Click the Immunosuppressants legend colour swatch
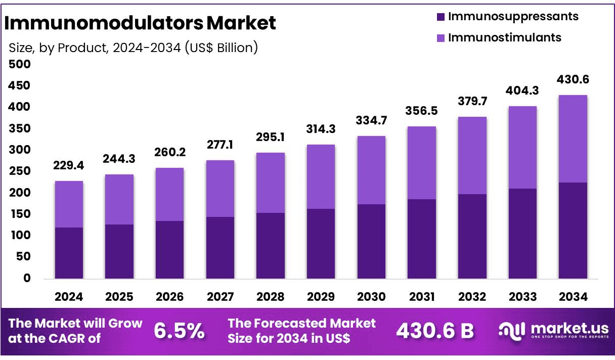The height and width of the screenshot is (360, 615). pyautogui.click(x=440, y=17)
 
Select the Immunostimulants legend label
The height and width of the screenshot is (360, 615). pyautogui.click(x=505, y=37)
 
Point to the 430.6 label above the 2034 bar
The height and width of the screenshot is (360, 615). pyautogui.click(x=573, y=80)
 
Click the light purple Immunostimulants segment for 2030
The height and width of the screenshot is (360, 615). pyautogui.click(x=371, y=170)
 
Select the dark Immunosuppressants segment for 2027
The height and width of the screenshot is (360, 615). pyautogui.click(x=220, y=248)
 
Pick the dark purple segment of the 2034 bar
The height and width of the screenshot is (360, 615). pyautogui.click(x=573, y=230)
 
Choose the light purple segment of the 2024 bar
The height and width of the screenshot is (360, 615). pyautogui.click(x=69, y=204)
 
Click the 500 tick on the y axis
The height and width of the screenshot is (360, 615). pyautogui.click(x=20, y=64)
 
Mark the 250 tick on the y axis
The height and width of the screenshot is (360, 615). pyautogui.click(x=20, y=171)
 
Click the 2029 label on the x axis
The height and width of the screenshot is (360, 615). pyautogui.click(x=321, y=297)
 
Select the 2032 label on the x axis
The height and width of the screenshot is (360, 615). pyautogui.click(x=472, y=297)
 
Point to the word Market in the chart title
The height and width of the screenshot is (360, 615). pyautogui.click(x=242, y=23)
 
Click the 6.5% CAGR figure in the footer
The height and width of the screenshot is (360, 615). pyautogui.click(x=180, y=331)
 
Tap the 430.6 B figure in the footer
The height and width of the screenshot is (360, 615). pyautogui.click(x=435, y=331)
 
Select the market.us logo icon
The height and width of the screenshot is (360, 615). pyautogui.click(x=510, y=330)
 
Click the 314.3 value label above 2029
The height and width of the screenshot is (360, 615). pyautogui.click(x=321, y=129)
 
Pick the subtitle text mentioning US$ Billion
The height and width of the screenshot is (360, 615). pyautogui.click(x=134, y=48)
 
